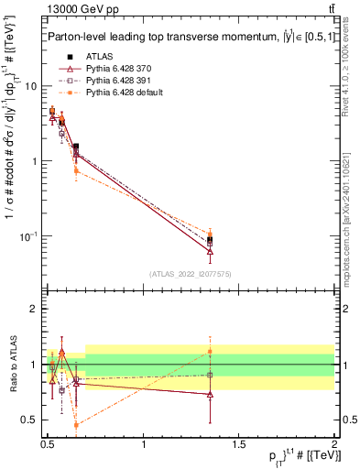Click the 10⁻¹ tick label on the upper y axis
(x=28, y=237)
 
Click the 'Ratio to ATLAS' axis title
(x=13, y=364)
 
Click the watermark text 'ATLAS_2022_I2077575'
(x=191, y=274)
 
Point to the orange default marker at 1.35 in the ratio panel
(x=211, y=352)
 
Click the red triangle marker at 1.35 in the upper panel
(x=211, y=251)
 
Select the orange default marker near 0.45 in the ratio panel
(x=76, y=425)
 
